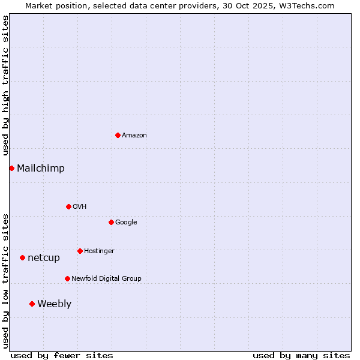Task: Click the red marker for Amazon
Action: [x=118, y=135]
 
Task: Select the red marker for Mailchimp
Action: [x=11, y=168]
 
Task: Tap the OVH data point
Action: [x=68, y=206]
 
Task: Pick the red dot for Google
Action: [x=111, y=222]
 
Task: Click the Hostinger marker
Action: [x=80, y=251]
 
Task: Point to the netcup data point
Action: [x=22, y=257]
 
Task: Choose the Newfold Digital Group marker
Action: [x=67, y=278]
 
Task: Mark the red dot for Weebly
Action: [x=32, y=304]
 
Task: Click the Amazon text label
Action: [x=134, y=136]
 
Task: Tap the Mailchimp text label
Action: [x=41, y=169]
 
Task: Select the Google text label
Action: [x=126, y=223]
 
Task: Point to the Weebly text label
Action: [x=54, y=304]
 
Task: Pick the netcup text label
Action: [x=44, y=258]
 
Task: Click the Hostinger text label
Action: [x=99, y=251]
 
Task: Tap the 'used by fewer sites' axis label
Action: [x=62, y=355]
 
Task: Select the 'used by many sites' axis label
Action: [x=301, y=355]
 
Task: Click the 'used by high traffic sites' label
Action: [x=5, y=85]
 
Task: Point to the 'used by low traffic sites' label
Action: [x=5, y=280]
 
